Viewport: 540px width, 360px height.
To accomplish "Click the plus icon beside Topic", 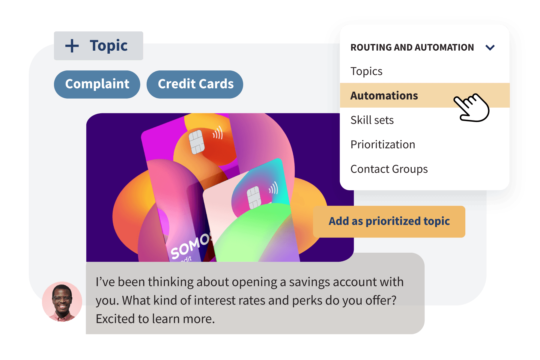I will click(x=72, y=46).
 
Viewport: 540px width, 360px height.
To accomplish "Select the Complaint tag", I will click(x=97, y=84).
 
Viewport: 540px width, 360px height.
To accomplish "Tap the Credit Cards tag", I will click(x=195, y=84).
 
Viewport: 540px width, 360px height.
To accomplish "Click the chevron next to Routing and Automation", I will click(x=490, y=48).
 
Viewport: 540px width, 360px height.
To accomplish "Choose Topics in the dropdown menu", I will click(x=366, y=71).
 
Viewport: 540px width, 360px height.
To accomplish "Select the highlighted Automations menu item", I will click(x=384, y=96).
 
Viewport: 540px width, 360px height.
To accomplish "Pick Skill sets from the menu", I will click(x=372, y=120).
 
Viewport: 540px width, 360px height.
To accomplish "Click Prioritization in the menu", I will click(x=383, y=145).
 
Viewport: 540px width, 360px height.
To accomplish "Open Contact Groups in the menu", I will click(x=389, y=169).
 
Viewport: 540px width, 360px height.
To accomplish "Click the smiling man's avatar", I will click(x=62, y=301).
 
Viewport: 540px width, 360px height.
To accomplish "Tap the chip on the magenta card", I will click(x=196, y=142).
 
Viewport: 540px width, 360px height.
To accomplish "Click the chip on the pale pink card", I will click(x=254, y=197).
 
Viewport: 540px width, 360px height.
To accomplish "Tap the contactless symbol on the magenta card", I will click(x=218, y=132).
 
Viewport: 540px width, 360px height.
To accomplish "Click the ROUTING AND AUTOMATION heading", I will click(x=412, y=48).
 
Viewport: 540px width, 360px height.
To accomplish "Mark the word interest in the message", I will click(x=213, y=301).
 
